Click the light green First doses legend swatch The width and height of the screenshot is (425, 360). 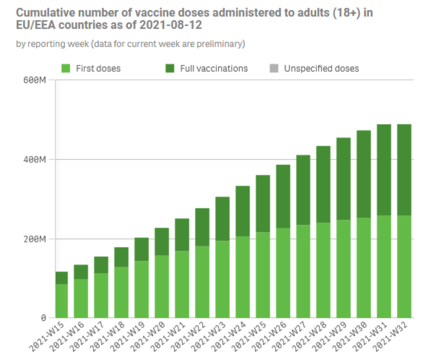click(66, 69)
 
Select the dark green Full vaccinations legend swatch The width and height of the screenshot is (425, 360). click(170, 69)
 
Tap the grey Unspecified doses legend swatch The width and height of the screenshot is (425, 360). click(274, 69)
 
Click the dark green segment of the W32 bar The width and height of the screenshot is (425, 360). click(404, 170)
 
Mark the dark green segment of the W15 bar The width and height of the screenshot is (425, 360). click(62, 278)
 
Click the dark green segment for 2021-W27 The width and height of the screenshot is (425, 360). click(303, 190)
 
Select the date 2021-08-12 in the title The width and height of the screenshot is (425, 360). click(171, 25)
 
